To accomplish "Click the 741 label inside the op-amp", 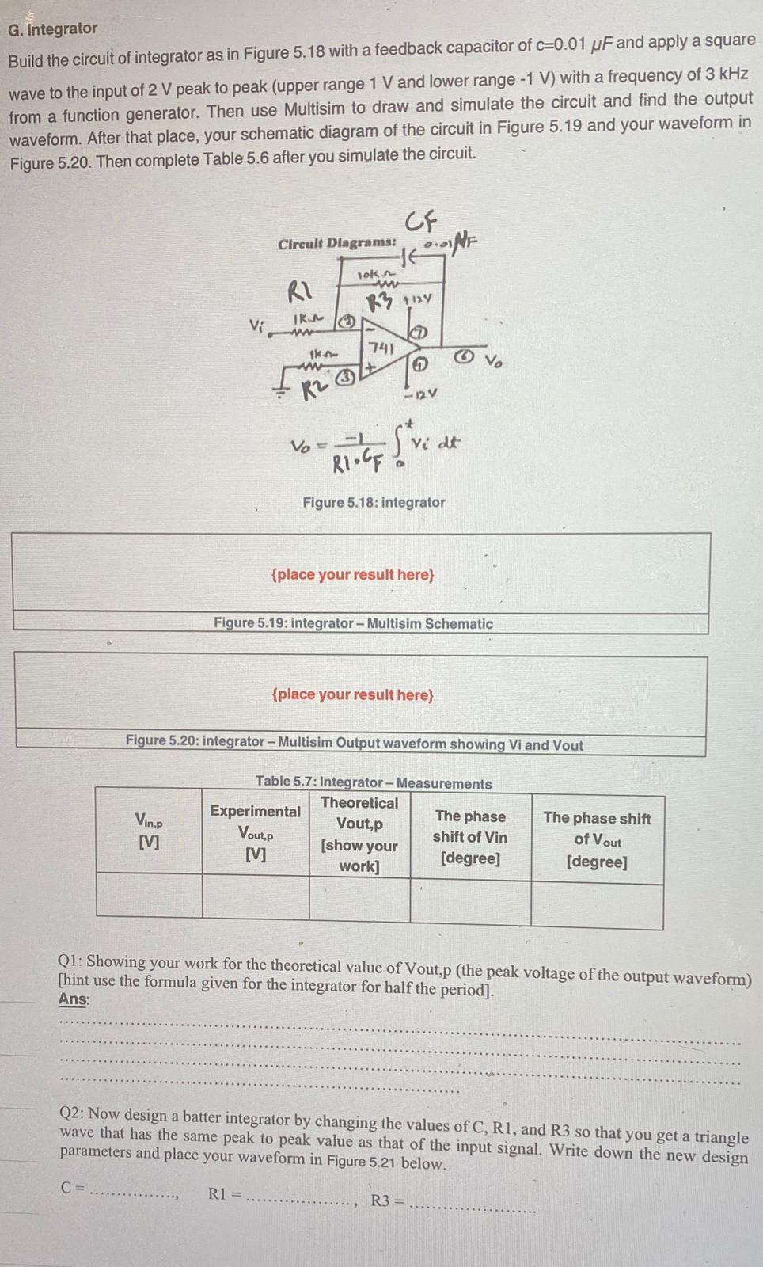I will coord(381,348).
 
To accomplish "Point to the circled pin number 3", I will coord(344,378).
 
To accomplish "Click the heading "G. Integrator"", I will coord(52,29).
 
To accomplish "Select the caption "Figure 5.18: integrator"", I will coord(374,502).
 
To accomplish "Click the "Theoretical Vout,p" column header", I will coord(359,834).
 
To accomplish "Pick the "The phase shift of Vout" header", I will coord(597,839).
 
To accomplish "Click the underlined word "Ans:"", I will coord(74,999).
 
